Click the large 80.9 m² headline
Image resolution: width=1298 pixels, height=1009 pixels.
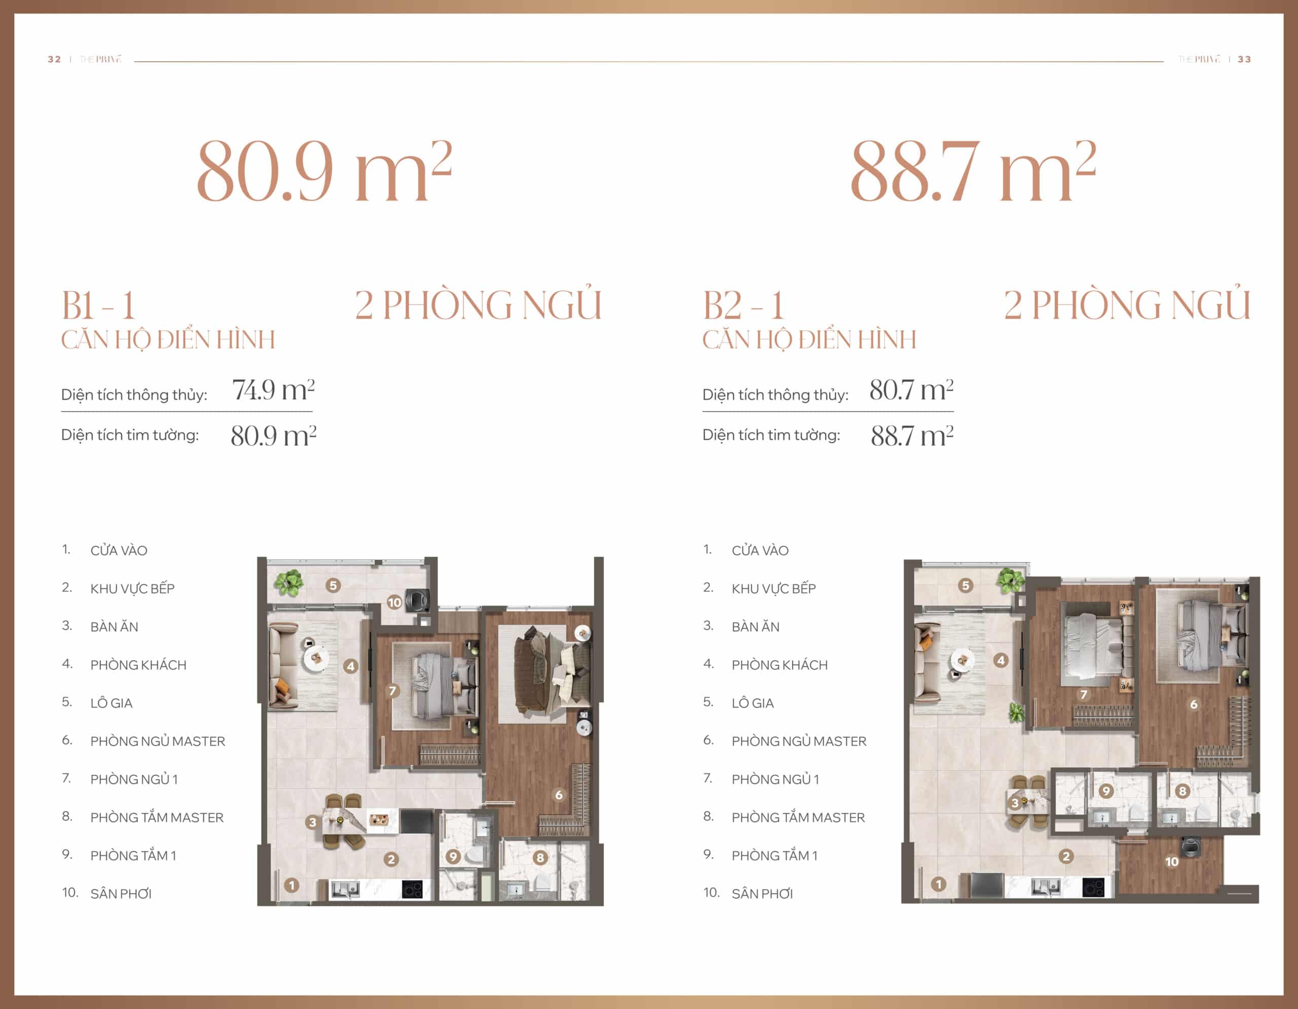click(x=324, y=171)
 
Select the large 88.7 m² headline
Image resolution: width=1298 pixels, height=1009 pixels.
click(x=973, y=171)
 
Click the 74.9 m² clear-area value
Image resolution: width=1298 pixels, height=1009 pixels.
click(x=273, y=390)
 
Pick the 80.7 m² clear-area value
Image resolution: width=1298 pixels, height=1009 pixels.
click(x=911, y=390)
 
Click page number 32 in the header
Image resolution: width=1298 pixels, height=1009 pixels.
click(x=54, y=59)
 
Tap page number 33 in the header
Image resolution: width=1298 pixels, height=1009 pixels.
click(x=1244, y=59)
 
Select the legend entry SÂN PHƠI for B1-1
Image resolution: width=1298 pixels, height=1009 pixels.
click(x=121, y=894)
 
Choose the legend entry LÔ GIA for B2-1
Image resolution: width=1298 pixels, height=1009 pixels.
click(x=752, y=703)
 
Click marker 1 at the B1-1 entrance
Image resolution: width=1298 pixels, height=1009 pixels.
click(x=291, y=885)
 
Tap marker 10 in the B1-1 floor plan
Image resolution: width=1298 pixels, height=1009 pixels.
click(x=394, y=602)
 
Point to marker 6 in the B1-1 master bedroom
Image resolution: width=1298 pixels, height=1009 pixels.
click(x=559, y=795)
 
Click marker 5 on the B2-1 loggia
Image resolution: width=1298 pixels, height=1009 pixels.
click(x=965, y=585)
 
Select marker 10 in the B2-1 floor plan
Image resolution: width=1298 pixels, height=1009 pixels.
click(x=1171, y=861)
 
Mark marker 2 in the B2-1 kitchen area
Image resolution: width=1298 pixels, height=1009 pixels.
click(x=1066, y=856)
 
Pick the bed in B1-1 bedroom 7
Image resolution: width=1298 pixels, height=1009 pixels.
click(x=443, y=683)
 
